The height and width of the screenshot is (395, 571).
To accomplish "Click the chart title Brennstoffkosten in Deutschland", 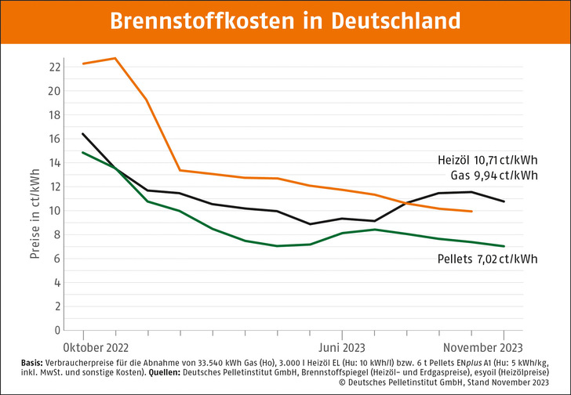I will (x=285, y=21).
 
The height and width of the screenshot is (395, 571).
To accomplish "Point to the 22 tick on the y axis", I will (x=54, y=67).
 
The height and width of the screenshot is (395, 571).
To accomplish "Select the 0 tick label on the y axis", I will (x=56, y=331).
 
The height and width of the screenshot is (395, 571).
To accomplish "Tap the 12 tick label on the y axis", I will (x=54, y=187).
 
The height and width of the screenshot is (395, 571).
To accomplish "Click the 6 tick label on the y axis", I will (x=56, y=259).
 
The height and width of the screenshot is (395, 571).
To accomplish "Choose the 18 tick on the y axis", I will (x=54, y=114).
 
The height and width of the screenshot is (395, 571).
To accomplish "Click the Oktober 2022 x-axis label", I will (x=95, y=346).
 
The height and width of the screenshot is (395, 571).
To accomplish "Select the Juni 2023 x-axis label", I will (x=341, y=346).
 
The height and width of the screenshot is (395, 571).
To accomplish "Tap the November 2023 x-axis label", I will (x=480, y=346).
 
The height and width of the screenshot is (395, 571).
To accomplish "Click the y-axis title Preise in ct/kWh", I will (x=35, y=199).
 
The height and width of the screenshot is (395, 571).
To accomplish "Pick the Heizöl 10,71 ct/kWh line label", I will (x=487, y=160).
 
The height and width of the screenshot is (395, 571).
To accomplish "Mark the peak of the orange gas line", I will (x=115, y=58).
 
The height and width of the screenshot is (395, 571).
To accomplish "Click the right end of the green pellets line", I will (x=504, y=246).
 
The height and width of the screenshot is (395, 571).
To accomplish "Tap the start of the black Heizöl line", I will (x=82, y=133).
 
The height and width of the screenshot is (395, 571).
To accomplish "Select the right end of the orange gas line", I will (x=471, y=212).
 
